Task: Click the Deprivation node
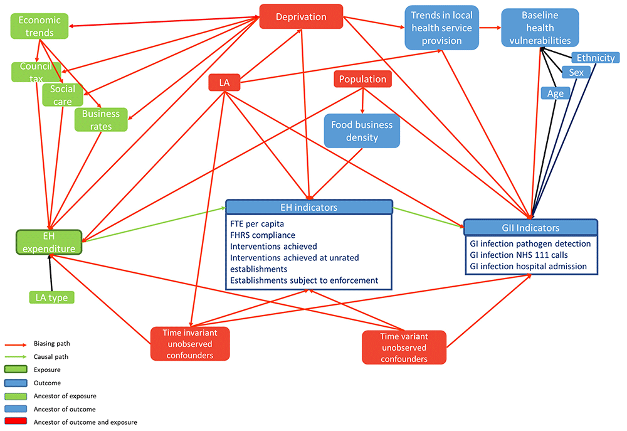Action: click(301, 17)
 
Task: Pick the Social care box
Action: click(63, 95)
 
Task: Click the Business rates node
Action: click(100, 120)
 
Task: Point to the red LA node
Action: click(224, 82)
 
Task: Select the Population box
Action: click(362, 79)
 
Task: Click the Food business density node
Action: click(362, 130)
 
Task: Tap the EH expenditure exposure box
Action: click(50, 242)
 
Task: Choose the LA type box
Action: click(52, 297)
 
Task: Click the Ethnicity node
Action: click(596, 58)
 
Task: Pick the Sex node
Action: click(576, 73)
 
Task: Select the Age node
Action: click(556, 93)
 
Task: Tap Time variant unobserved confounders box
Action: click(404, 347)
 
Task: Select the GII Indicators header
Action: click(530, 227)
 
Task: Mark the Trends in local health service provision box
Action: click(441, 27)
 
